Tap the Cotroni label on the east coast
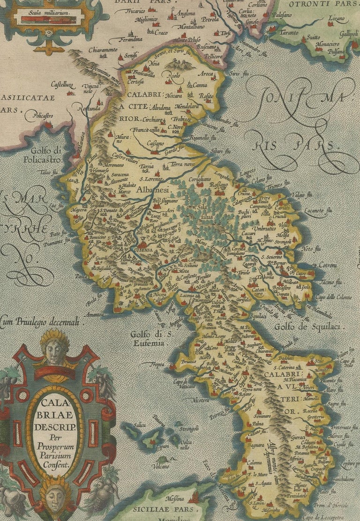[328, 266]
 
